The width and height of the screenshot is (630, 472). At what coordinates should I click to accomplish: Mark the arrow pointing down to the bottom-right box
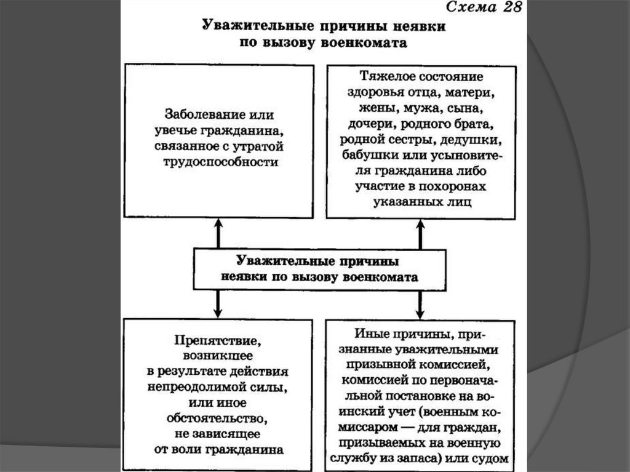tap(421, 305)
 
